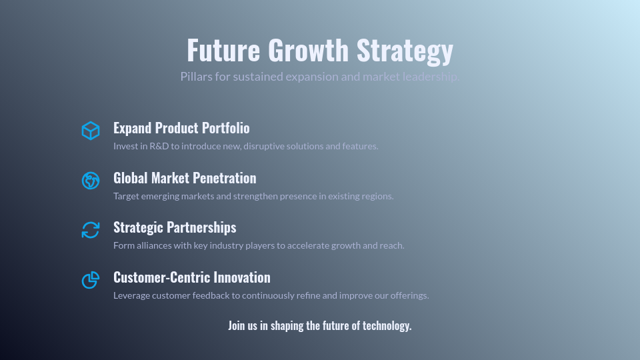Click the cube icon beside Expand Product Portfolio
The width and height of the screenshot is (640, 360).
click(91, 131)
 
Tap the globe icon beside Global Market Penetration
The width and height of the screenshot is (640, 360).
click(91, 180)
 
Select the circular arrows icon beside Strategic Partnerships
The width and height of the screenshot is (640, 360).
click(91, 230)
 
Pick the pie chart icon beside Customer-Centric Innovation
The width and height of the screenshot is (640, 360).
click(91, 280)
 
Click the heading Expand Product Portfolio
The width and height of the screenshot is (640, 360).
click(181, 128)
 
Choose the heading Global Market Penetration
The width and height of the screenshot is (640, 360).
click(185, 178)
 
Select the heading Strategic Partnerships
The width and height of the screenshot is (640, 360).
click(175, 227)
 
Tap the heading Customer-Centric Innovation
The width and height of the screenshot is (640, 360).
click(192, 277)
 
